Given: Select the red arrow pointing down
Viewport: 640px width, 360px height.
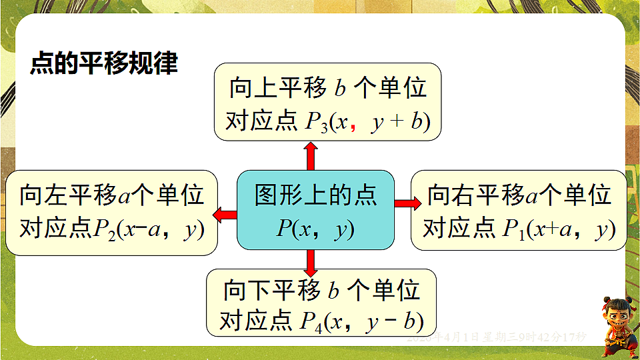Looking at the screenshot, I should pos(311,262).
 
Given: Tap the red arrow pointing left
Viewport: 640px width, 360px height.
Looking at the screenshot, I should pos(225,214).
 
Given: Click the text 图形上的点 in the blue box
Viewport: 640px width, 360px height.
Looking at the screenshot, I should pos(315,195).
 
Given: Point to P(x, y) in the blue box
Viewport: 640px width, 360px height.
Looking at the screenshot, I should pos(315,230).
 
